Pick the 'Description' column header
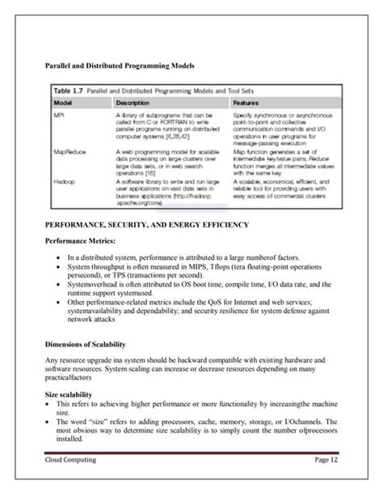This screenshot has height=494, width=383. coord(133,104)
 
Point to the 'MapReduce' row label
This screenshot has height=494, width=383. coord(68,150)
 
